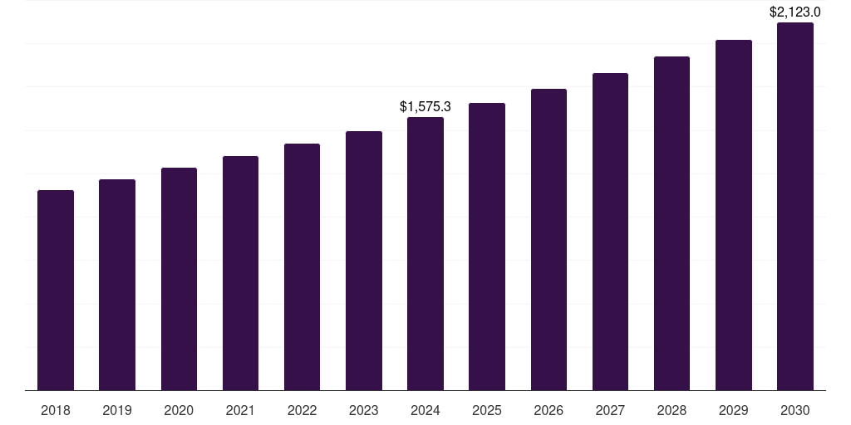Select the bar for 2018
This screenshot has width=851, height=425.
point(56,291)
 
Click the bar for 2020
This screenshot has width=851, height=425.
point(179,279)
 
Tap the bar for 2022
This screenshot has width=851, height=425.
point(302,267)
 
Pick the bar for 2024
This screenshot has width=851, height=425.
point(425,254)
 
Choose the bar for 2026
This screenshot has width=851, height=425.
point(548,240)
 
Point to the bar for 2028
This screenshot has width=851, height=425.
point(671,223)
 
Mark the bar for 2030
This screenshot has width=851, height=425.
point(795,207)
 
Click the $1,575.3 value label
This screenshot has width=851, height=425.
point(425,107)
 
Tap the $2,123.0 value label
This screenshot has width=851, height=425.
point(795,12)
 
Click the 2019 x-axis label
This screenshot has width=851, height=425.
point(117,411)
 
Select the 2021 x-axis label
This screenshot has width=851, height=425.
point(240,411)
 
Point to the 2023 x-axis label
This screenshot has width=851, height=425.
point(364,411)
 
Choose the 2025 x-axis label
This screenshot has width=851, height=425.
point(487,411)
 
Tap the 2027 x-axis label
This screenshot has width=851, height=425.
point(610,411)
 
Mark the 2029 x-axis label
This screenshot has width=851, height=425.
point(734,411)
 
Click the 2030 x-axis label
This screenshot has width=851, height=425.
point(795,411)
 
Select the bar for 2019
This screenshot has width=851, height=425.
point(117,285)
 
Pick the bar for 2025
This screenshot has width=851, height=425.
point(487,247)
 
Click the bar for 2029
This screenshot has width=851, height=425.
point(734,215)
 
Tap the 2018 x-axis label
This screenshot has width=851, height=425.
point(56,411)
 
